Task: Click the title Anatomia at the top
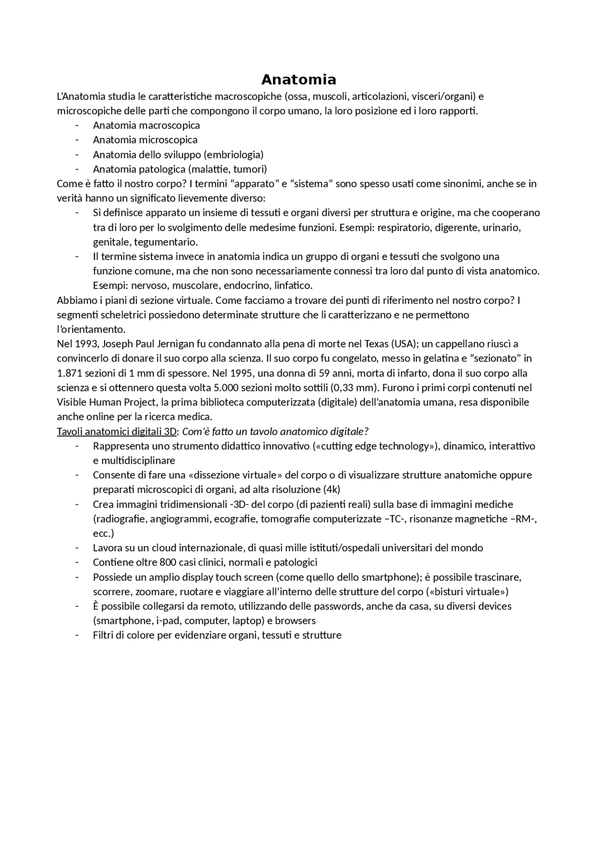tap(299, 79)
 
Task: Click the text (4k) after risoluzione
tap(332, 490)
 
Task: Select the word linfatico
tap(293, 285)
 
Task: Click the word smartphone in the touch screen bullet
tap(386, 577)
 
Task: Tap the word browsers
tap(295, 621)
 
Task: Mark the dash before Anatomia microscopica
tap(77, 140)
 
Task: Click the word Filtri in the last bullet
tap(103, 635)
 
